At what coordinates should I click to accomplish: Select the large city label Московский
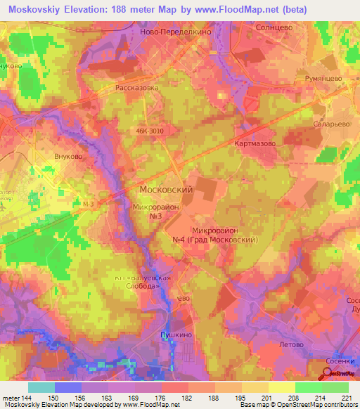click(x=167, y=190)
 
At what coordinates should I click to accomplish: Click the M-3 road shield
click(x=87, y=204)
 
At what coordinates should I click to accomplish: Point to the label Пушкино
click(x=175, y=336)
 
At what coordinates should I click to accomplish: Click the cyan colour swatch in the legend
click(x=41, y=387)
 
